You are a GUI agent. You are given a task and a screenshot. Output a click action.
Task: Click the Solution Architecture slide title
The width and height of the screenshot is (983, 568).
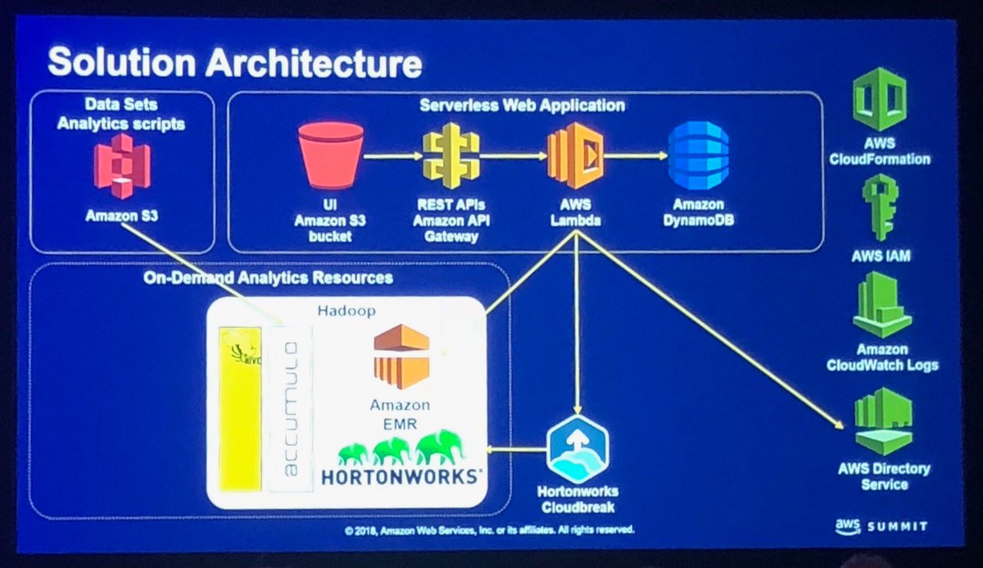tap(235, 62)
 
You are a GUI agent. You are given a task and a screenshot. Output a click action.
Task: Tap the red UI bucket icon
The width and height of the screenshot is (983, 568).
tap(331, 155)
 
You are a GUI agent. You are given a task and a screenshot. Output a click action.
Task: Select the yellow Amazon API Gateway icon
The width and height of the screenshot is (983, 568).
tap(449, 156)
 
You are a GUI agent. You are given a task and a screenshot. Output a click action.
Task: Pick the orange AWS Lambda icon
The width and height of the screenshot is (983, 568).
tap(575, 153)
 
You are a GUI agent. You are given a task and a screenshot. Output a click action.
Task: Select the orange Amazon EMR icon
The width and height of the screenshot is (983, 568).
tap(401, 355)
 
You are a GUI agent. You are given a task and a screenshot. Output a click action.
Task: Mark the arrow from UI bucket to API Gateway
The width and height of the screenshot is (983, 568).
tap(391, 154)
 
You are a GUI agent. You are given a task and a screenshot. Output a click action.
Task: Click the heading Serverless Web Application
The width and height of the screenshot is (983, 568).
tap(522, 106)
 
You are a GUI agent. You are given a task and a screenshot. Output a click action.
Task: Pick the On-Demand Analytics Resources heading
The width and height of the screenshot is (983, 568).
tap(269, 278)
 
